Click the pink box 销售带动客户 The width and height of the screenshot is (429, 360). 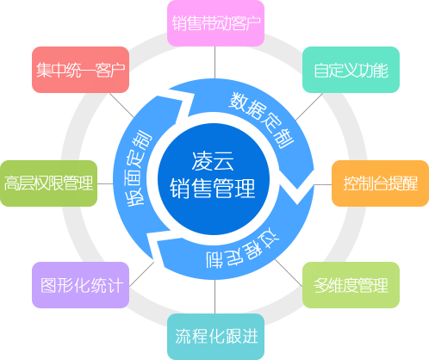coord(215,23)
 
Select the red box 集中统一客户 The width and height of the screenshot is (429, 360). coord(80,70)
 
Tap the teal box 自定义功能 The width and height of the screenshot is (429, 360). coord(351,70)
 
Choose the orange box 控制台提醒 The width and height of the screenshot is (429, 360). coord(380,183)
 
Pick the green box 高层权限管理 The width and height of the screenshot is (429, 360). coord(48,183)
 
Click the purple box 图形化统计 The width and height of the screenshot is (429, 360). coord(80,285)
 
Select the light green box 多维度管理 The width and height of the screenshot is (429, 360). coord(351,285)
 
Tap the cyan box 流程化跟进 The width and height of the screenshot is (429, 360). coord(215,337)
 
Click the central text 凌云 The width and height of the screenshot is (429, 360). coord(213,161)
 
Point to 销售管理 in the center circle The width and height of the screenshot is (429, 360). coord(213,188)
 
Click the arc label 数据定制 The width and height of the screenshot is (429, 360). coord(261,120)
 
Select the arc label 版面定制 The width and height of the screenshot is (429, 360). coord(139,169)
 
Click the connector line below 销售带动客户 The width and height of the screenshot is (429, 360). coord(214,62)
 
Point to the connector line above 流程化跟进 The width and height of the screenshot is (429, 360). coord(214,296)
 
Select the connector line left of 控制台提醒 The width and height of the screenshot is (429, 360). coord(323,184)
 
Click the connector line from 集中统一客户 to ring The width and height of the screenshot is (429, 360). coord(121,105)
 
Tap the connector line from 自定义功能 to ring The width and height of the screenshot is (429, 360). coord(309,107)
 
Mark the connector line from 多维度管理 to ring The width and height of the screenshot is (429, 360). coord(289,273)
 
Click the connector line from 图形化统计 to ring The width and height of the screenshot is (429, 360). coord(141,274)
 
